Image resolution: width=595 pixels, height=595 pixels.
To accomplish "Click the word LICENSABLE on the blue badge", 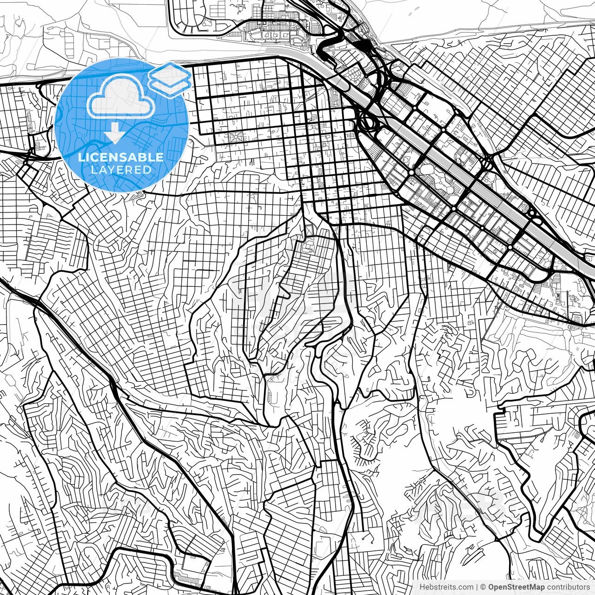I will tap(121, 157).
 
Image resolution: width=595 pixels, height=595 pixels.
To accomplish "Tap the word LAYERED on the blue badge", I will tap(121, 170).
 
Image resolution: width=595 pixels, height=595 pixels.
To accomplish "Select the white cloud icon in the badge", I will tap(121, 98).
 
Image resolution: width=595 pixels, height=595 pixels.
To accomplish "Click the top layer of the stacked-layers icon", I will tap(170, 73).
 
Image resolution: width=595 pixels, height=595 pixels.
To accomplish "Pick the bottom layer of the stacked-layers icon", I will tap(170, 86).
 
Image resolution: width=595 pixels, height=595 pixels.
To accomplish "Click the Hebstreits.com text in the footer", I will tap(446, 587).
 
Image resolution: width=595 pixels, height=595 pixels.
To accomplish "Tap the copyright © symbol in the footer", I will tap(483, 587).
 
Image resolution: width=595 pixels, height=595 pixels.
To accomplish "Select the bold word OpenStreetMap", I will tap(516, 587).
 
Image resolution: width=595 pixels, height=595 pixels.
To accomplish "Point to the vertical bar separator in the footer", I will tap(477, 587).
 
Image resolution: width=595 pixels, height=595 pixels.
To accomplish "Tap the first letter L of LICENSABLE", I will tap(80, 157).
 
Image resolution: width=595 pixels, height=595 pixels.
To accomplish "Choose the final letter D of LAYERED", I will tap(148, 170).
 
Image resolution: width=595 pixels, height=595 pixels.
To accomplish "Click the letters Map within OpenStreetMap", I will tap(536, 587).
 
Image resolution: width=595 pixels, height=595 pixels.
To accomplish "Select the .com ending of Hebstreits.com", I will tap(466, 587).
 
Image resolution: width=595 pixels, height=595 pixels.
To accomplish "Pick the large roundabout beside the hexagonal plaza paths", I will tap(412, 172).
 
